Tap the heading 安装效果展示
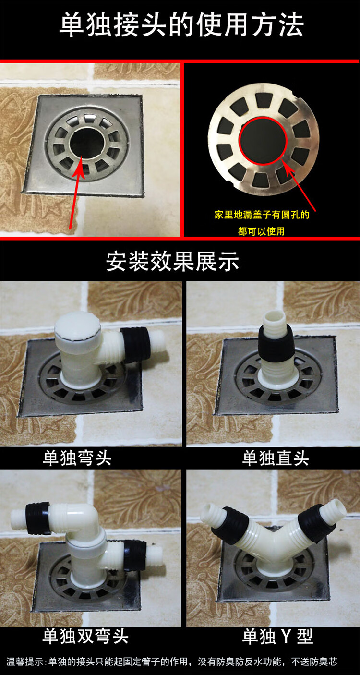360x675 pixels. pyautogui.click(x=172, y=262)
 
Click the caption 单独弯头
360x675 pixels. pyautogui.click(x=77, y=458)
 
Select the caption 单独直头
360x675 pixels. pyautogui.click(x=275, y=458)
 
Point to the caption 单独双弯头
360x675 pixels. pyautogui.click(x=85, y=636)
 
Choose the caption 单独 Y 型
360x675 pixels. pyautogui.click(x=277, y=636)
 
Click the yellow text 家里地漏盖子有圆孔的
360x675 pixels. pyautogui.click(x=262, y=215)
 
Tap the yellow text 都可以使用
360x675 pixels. pyautogui.click(x=262, y=231)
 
